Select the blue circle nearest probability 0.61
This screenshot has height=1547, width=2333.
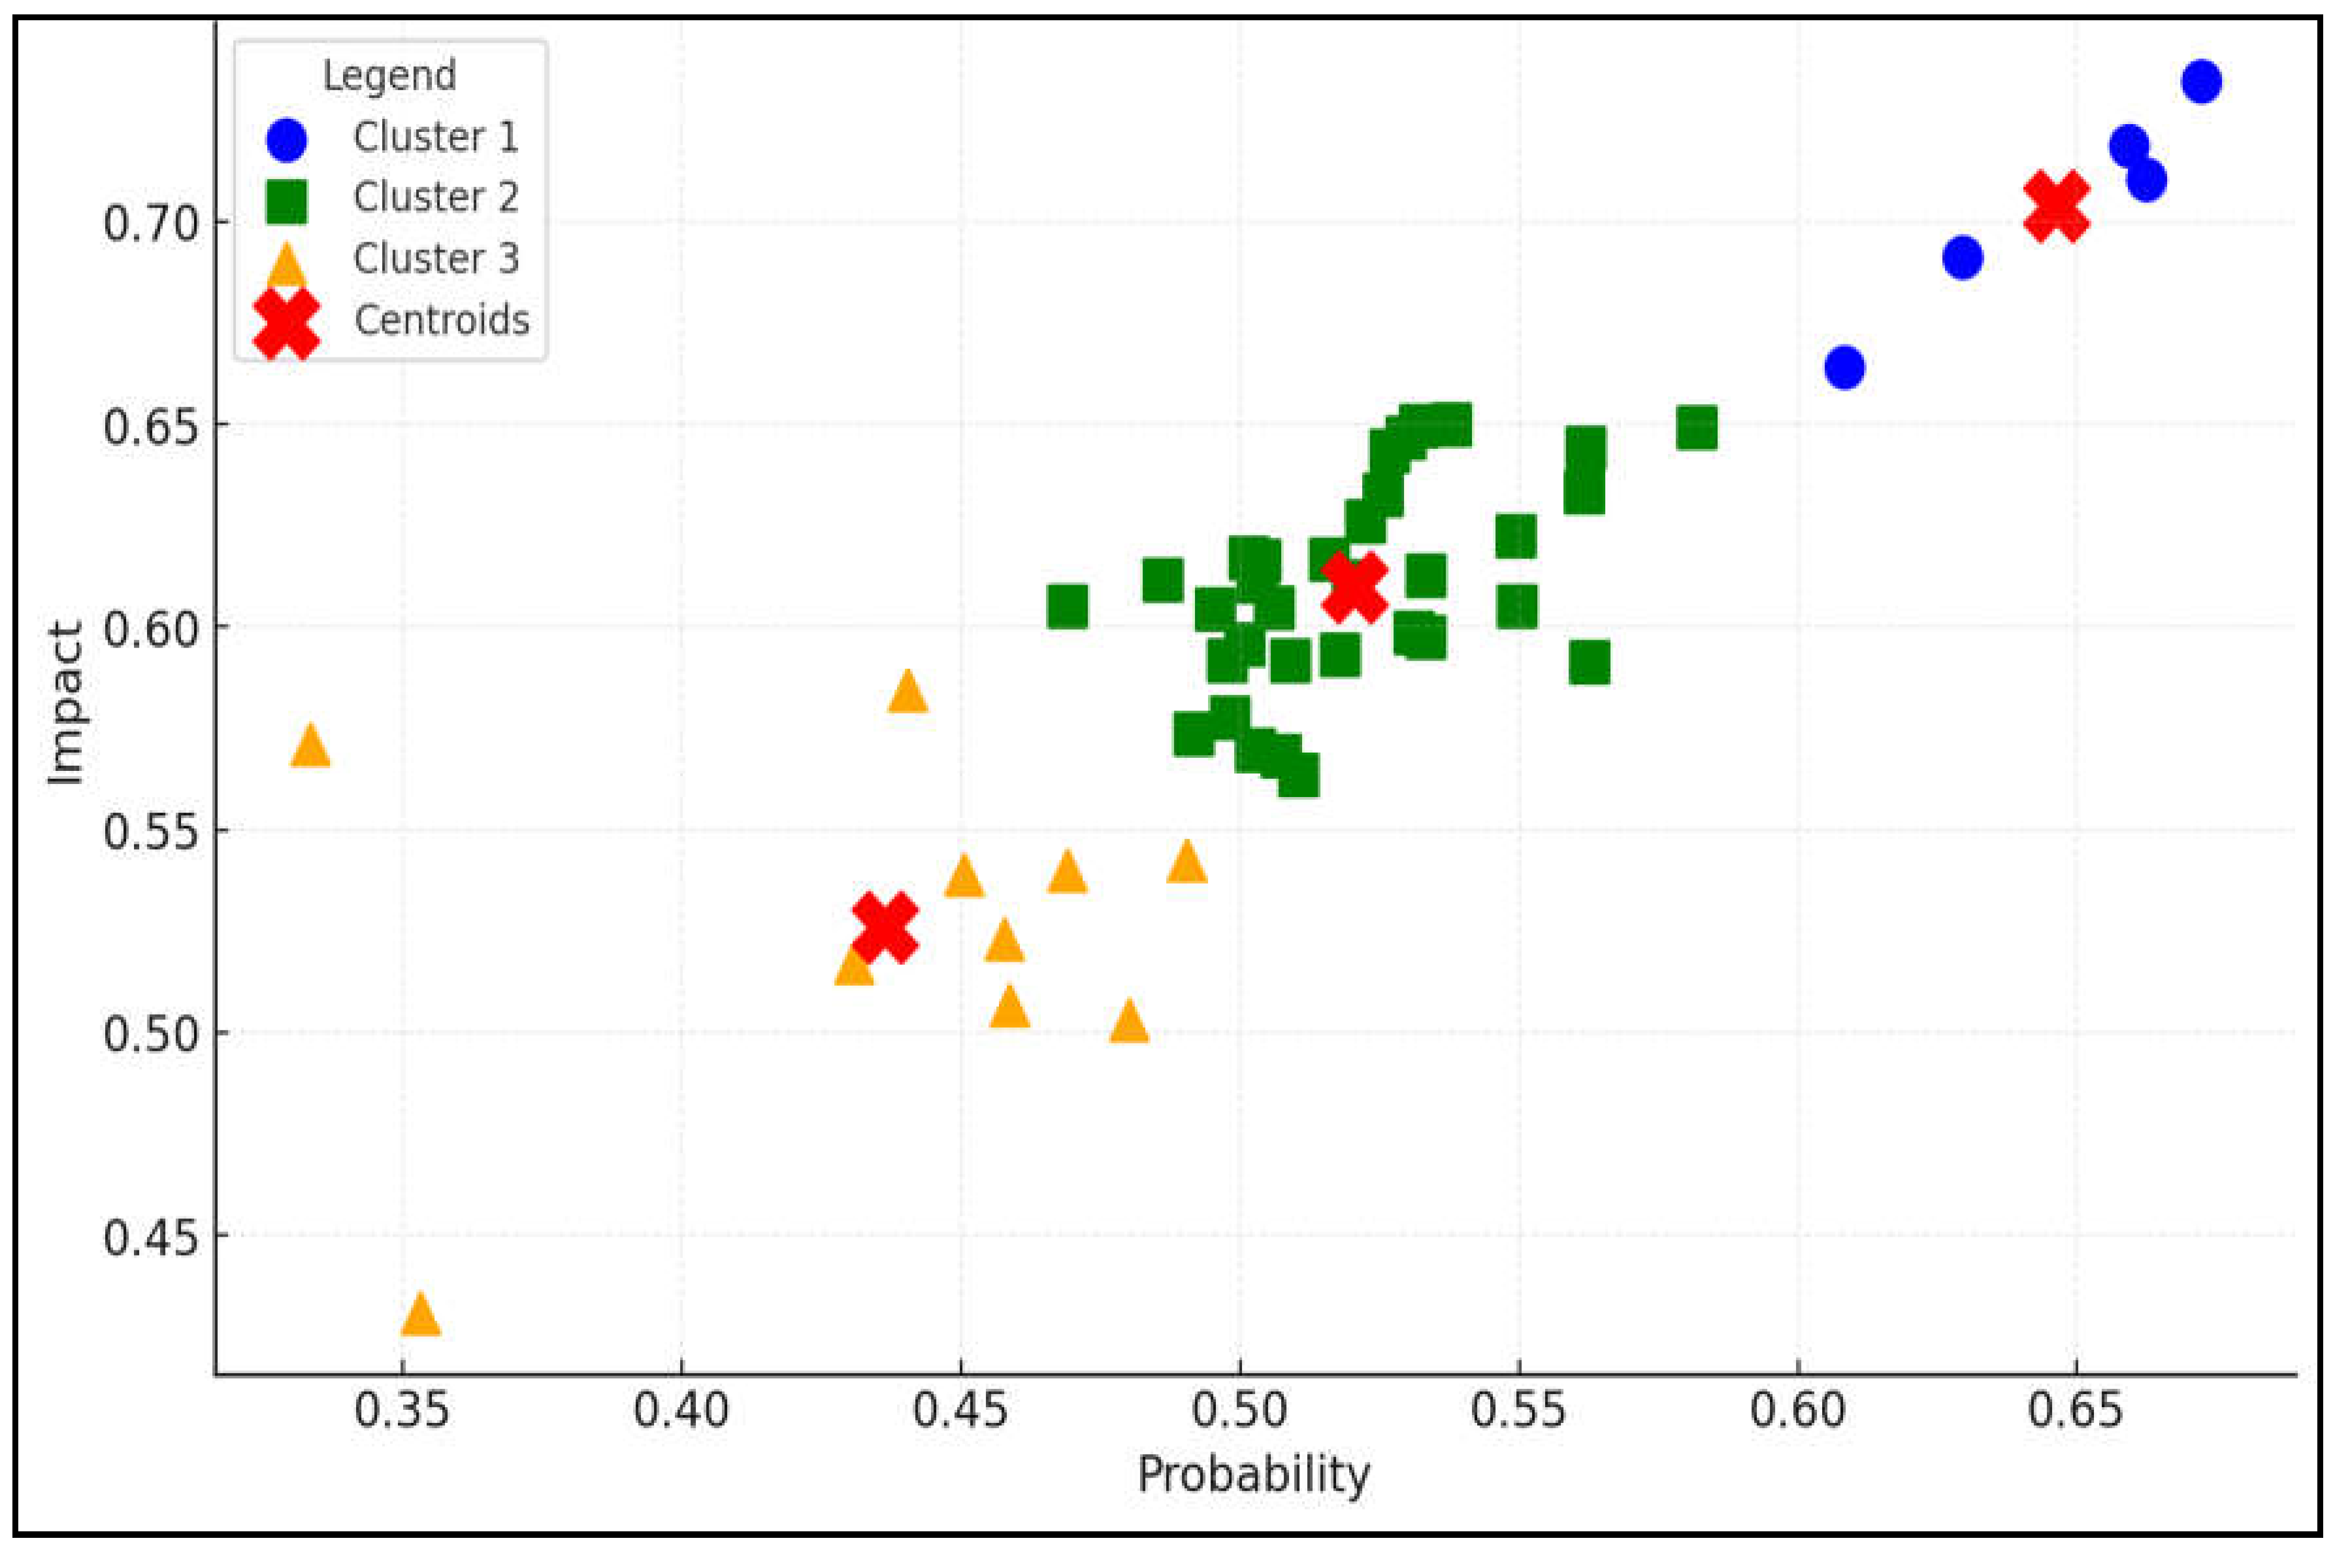pyautogui.click(x=1844, y=367)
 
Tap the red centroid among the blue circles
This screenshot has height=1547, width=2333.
pyautogui.click(x=2057, y=206)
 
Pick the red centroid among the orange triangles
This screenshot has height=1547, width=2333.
pyautogui.click(x=885, y=928)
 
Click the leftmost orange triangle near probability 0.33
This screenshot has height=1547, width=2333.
pyautogui.click(x=311, y=747)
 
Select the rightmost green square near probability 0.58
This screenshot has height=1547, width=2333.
pyautogui.click(x=1697, y=428)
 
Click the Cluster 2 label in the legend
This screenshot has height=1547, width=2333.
pyautogui.click(x=435, y=197)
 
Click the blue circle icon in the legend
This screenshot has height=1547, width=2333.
pyautogui.click(x=287, y=139)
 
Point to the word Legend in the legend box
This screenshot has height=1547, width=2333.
pyautogui.click(x=389, y=76)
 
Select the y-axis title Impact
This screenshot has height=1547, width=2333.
pyautogui.click(x=65, y=702)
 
